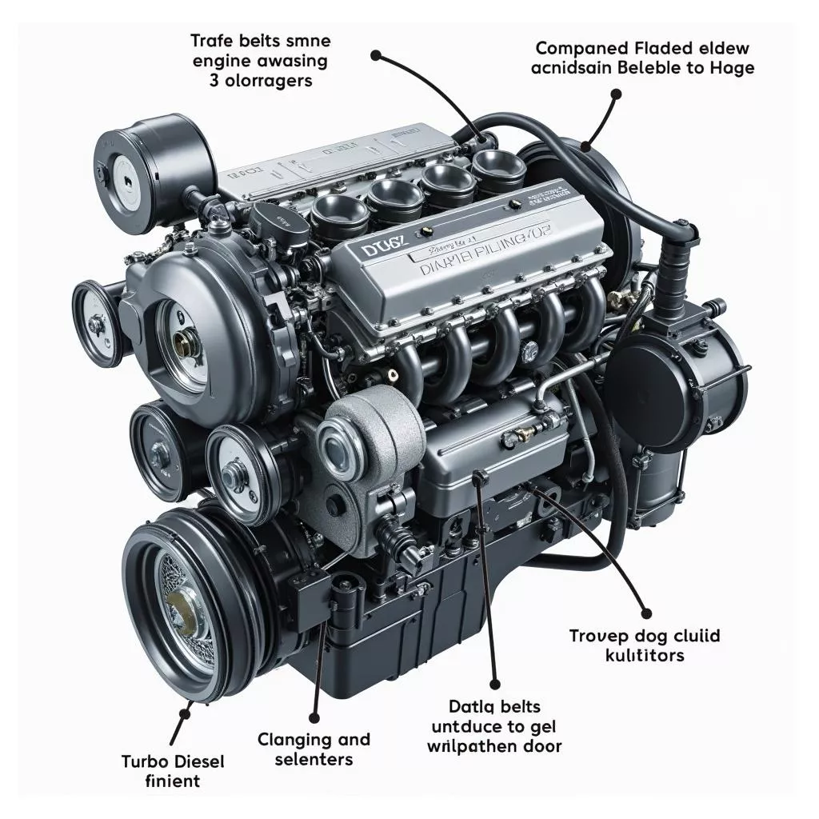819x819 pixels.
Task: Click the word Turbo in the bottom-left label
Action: [x=145, y=761]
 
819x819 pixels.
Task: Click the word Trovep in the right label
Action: [x=596, y=636]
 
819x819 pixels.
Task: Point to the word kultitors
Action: [x=644, y=656]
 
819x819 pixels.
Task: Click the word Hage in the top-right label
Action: [x=731, y=67]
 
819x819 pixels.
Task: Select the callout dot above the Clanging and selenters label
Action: [x=314, y=718]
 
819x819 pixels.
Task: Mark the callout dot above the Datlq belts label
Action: [x=495, y=685]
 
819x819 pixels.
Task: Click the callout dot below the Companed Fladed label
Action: [x=616, y=94]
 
